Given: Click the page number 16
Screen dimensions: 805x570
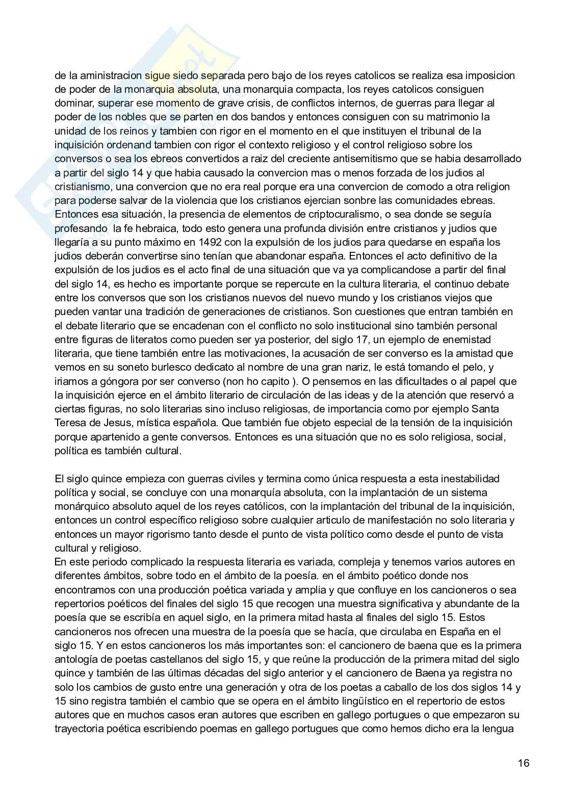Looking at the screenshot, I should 523,763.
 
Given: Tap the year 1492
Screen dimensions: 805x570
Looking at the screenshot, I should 212,242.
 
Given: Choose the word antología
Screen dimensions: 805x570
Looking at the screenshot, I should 75,660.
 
